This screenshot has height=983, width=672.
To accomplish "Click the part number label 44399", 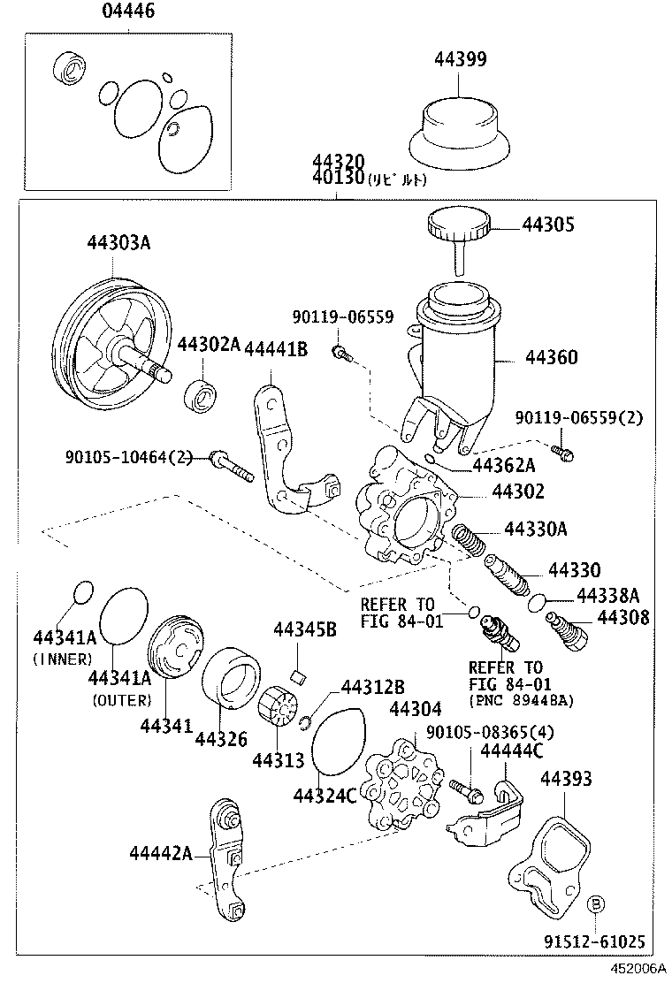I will (x=460, y=59).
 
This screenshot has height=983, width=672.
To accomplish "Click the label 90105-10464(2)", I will (x=128, y=457).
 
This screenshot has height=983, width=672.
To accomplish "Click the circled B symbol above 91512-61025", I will (x=596, y=903).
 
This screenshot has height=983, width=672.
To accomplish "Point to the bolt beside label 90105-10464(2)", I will (x=232, y=468).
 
